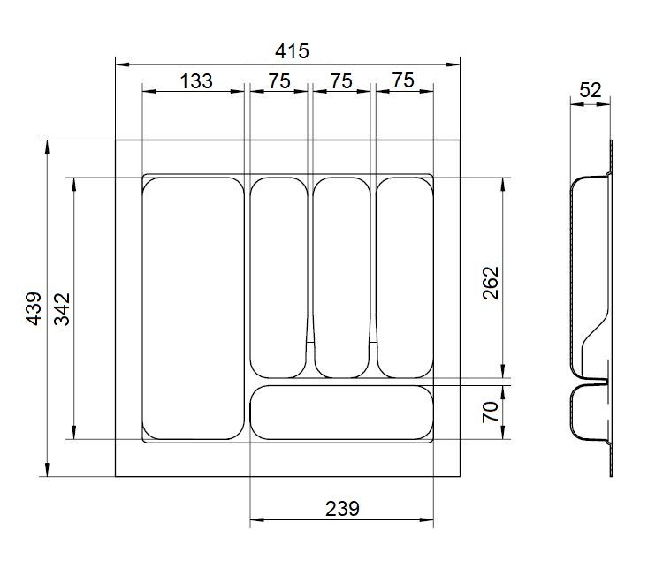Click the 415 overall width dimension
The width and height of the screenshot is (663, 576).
click(x=292, y=51)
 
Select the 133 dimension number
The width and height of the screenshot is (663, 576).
click(x=196, y=81)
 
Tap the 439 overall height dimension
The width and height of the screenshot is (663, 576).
click(x=34, y=308)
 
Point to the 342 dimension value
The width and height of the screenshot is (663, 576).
click(x=62, y=309)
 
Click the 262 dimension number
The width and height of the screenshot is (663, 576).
click(x=491, y=283)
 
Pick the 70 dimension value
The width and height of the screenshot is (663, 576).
click(x=491, y=412)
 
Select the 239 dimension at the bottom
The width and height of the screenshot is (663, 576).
click(x=342, y=509)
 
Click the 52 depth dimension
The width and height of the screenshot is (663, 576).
click(x=590, y=90)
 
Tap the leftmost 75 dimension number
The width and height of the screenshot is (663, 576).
click(x=279, y=81)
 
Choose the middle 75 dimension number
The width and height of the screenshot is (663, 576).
click(x=341, y=81)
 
